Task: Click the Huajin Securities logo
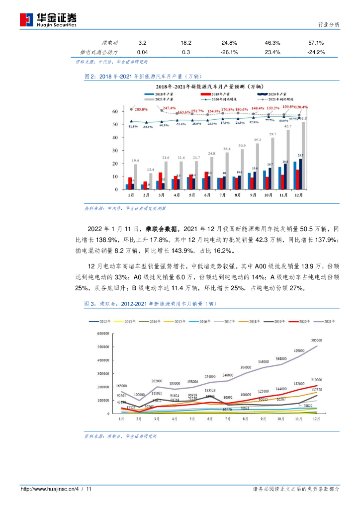48,19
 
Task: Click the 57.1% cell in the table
316,43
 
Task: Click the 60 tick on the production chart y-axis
115,111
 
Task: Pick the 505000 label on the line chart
317,341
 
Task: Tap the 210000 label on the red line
317,379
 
